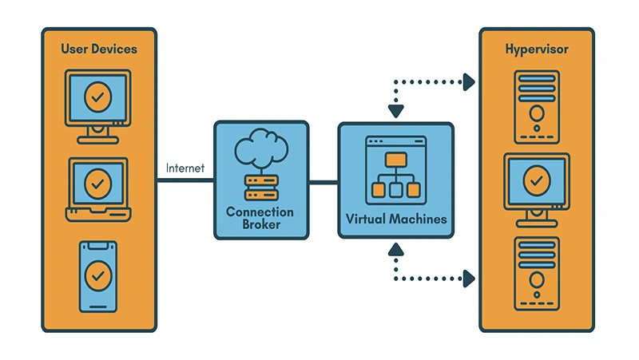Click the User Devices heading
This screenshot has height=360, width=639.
tap(99, 49)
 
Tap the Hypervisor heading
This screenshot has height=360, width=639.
tap(537, 49)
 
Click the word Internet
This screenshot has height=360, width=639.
tap(185, 168)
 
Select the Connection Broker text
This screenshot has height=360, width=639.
tap(260, 218)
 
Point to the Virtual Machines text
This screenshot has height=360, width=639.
tap(395, 218)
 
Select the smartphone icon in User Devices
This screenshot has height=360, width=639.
tap(98, 276)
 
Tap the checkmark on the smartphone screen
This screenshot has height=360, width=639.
tap(98, 275)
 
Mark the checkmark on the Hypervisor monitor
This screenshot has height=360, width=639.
tap(537, 181)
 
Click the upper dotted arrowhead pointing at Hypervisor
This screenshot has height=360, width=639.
tap(469, 81)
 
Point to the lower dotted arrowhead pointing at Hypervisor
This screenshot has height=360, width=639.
tap(469, 279)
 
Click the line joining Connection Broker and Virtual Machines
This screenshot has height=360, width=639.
tap(323, 182)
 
